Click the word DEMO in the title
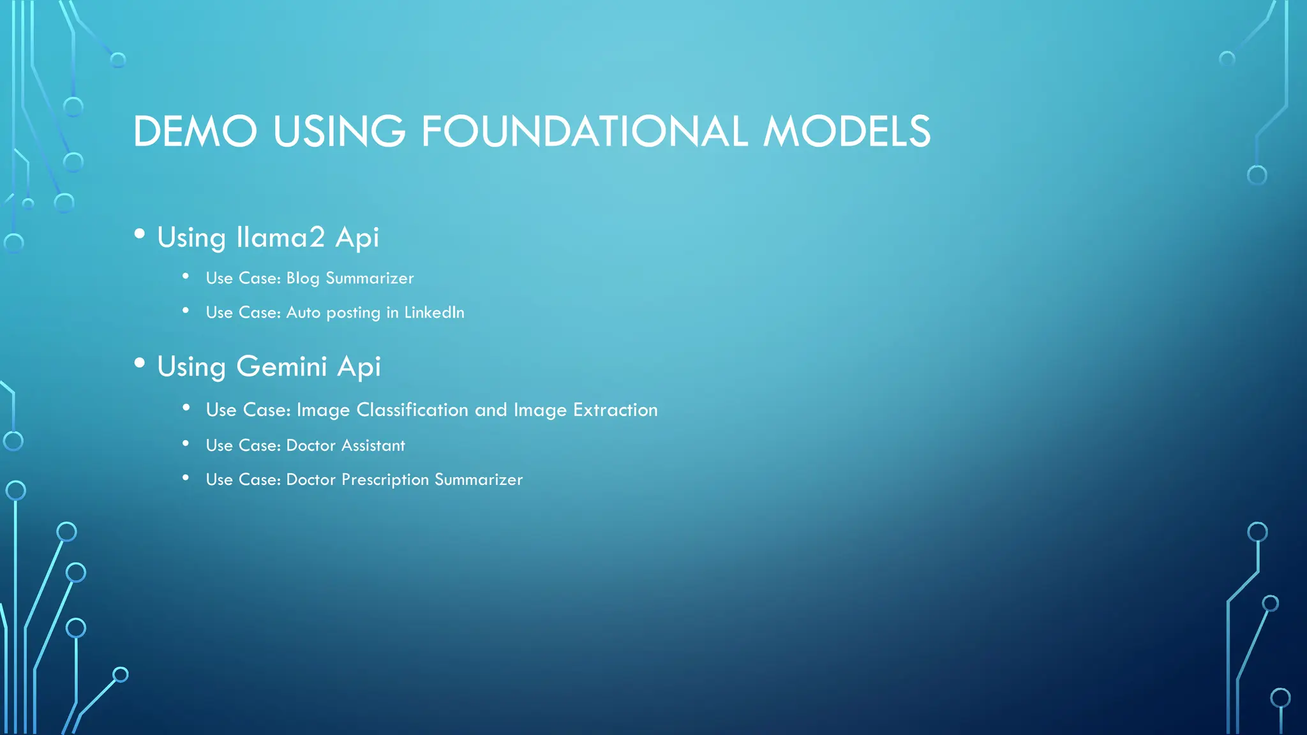pos(195,131)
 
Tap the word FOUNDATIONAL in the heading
pos(584,131)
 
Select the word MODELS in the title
pos(847,131)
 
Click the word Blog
pos(302,278)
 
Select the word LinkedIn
pos(434,313)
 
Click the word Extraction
pos(615,410)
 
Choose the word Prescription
pos(385,480)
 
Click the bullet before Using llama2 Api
pos(140,234)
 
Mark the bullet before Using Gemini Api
pos(140,363)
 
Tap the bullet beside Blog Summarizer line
pos(186,276)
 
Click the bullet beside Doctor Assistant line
pos(186,443)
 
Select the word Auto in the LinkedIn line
pos(303,313)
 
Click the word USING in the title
pos(339,131)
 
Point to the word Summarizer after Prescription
pos(479,480)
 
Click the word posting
pos(353,313)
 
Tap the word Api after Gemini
pos(359,367)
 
